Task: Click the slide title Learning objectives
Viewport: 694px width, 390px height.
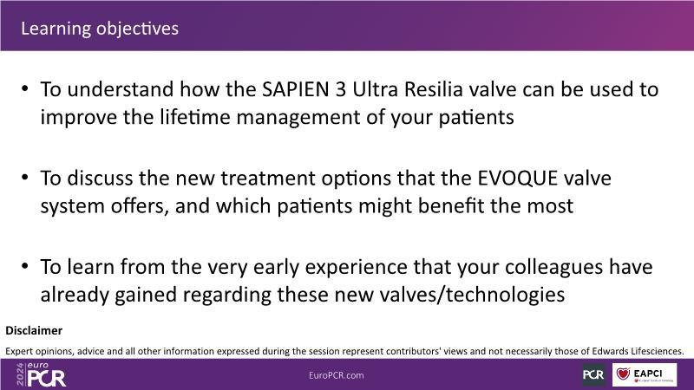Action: click(100, 29)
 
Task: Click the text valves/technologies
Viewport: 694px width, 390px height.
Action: click(449, 295)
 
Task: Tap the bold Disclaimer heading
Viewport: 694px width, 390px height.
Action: click(34, 330)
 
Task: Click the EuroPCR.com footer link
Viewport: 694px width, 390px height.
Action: click(337, 375)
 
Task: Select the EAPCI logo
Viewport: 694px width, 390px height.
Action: click(645, 374)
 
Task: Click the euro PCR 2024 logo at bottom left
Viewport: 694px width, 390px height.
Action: click(41, 374)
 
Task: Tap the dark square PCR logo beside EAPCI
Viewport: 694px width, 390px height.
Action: click(593, 374)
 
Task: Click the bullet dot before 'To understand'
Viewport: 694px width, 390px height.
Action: click(25, 88)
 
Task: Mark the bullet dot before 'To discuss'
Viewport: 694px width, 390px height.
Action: click(25, 178)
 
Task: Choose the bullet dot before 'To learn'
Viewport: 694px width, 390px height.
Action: click(25, 266)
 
